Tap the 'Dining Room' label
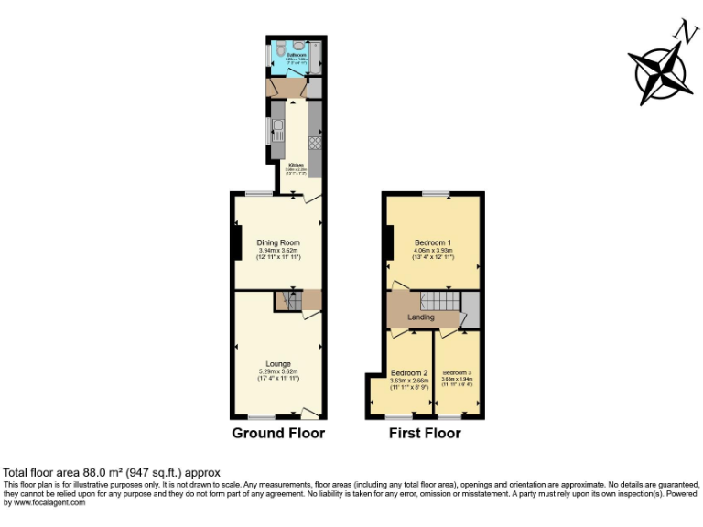tap(277, 242)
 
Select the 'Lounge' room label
tap(277, 363)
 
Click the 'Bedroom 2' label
tap(409, 373)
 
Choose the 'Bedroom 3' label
tap(458, 373)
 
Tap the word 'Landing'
tap(420, 317)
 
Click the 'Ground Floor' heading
tap(277, 433)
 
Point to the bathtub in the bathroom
tap(316, 58)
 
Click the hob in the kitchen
tap(315, 142)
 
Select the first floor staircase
tap(439, 301)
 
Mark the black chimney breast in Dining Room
tap(236, 242)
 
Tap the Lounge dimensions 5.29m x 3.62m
tap(277, 371)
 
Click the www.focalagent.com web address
tap(45, 501)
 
